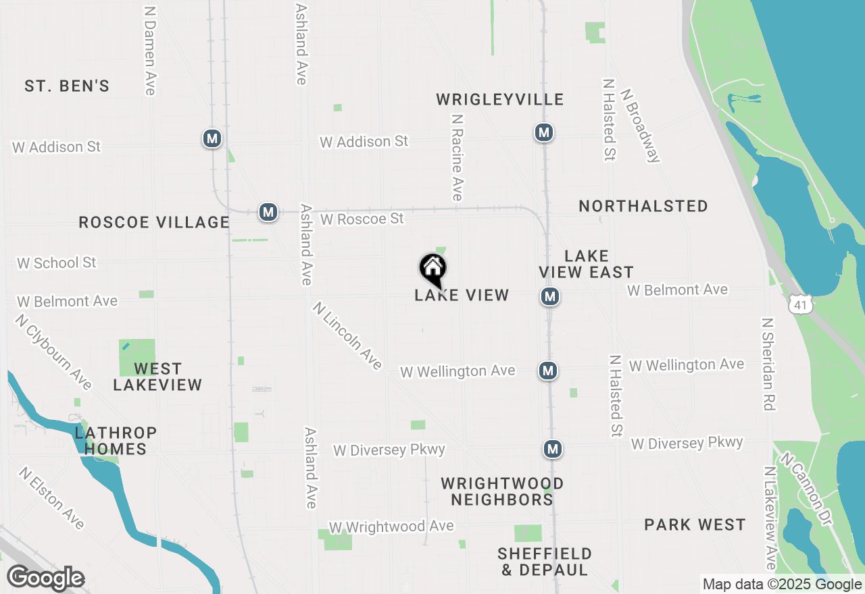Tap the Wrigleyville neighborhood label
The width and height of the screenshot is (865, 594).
point(499,100)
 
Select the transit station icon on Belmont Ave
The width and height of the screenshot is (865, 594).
point(550,296)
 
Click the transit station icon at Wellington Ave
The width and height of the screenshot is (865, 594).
point(548,370)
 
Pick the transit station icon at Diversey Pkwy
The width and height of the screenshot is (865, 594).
point(553,448)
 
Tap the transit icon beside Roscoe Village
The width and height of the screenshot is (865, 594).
point(268,212)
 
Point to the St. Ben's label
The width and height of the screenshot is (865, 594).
point(67,86)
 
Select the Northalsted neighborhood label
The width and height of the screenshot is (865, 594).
point(643,206)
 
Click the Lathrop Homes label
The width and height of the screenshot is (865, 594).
point(116,441)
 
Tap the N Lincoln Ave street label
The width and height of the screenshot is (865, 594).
point(347,335)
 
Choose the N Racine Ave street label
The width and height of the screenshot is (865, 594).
point(458,157)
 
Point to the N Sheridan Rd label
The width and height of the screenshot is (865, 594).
point(768,364)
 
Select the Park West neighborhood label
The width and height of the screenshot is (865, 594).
point(695,525)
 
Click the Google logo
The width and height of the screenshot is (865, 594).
point(46,578)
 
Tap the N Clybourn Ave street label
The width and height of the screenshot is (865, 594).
point(54,352)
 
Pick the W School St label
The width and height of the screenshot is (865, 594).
point(57,263)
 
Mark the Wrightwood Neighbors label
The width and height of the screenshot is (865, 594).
point(502,491)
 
